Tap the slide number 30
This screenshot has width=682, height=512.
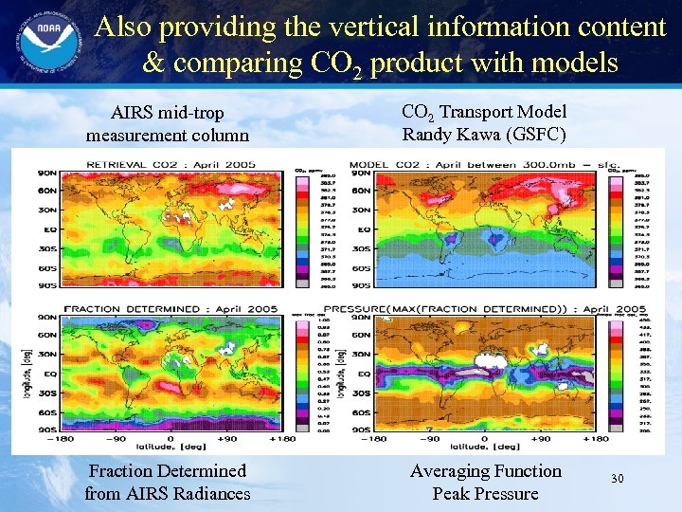(x=617, y=481)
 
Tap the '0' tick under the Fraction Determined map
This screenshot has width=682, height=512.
(x=170, y=439)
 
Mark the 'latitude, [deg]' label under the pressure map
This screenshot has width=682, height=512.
(x=484, y=448)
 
